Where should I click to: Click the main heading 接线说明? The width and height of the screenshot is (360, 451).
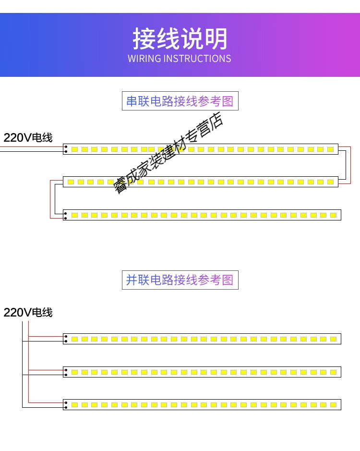click(x=180, y=39)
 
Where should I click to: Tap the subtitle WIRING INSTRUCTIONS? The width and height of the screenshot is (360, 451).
click(x=180, y=59)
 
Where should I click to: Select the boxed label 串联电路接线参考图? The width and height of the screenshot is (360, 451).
click(x=180, y=101)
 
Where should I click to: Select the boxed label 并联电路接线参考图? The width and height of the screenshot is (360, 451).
click(x=180, y=280)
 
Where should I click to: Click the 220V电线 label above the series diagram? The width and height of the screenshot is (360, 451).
click(x=28, y=138)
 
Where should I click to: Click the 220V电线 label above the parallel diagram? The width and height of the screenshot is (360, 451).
click(x=28, y=313)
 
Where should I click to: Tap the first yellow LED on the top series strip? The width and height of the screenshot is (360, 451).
click(x=74, y=149)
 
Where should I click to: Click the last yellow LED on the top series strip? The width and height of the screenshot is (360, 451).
click(x=331, y=149)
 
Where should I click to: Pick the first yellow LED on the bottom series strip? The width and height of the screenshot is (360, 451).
click(x=74, y=215)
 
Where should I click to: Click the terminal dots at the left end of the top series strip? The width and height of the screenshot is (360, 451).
click(x=66, y=149)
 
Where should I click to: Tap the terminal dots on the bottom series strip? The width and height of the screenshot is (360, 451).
click(x=66, y=215)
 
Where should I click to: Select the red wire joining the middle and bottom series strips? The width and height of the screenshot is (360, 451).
click(x=50, y=199)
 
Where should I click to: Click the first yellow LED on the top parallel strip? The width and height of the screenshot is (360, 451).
click(x=74, y=339)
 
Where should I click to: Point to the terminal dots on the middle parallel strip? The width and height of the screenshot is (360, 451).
click(x=66, y=372)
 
